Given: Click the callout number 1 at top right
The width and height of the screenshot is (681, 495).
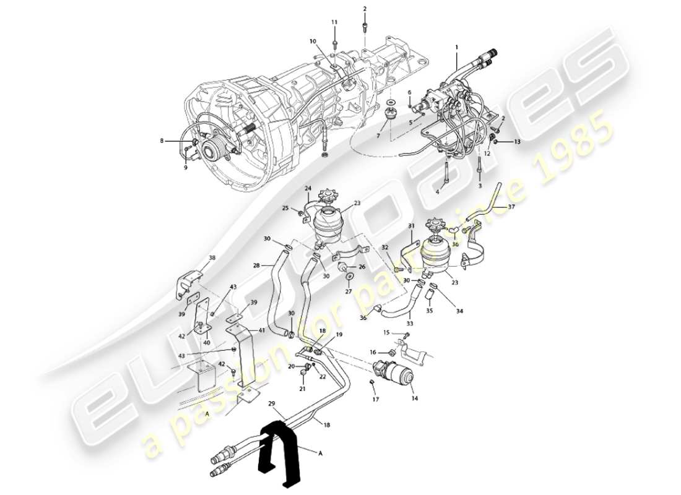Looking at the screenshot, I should (x=457, y=47).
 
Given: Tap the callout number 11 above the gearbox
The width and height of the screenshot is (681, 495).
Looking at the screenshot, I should (x=334, y=22).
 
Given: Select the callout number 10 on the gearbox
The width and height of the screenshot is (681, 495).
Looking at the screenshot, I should (x=313, y=41).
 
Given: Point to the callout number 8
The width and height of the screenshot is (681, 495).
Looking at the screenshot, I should (x=162, y=141).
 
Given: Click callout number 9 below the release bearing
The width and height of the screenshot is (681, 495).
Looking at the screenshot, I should (x=185, y=166).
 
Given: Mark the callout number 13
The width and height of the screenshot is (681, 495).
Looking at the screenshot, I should (x=518, y=142).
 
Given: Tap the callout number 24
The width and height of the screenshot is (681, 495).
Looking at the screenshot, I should (x=308, y=188).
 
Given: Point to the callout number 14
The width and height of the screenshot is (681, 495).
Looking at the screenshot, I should (x=414, y=399).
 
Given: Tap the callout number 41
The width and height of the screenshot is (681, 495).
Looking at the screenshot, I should (x=261, y=331).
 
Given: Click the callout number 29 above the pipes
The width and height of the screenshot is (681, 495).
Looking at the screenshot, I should (x=271, y=403).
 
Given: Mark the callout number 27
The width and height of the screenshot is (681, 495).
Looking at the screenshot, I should (x=348, y=291).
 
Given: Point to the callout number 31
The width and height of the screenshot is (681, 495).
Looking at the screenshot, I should (x=410, y=226).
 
